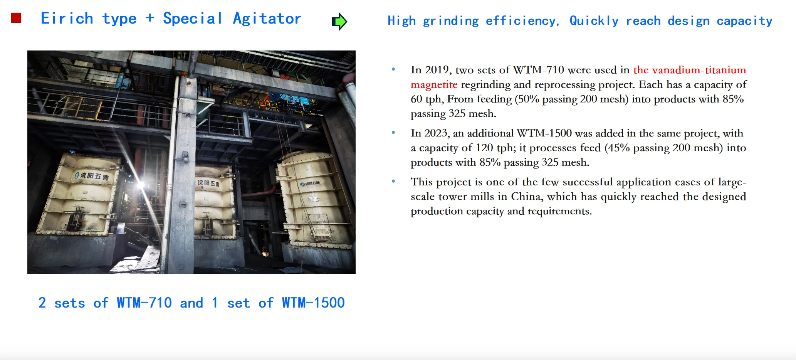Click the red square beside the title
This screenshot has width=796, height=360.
16,18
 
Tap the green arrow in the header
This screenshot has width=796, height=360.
339,22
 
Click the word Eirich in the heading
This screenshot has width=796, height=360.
67,19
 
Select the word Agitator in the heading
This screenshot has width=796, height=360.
267,19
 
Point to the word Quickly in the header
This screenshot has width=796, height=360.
594,21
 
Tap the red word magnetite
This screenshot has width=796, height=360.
434,84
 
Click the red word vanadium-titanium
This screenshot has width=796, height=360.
699,70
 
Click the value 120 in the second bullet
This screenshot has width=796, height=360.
484,148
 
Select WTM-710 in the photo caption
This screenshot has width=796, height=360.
144,303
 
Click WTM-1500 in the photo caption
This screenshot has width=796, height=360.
313,303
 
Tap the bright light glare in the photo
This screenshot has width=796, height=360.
141,185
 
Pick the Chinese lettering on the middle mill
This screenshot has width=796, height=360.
208,183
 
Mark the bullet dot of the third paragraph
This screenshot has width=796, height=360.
393,181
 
